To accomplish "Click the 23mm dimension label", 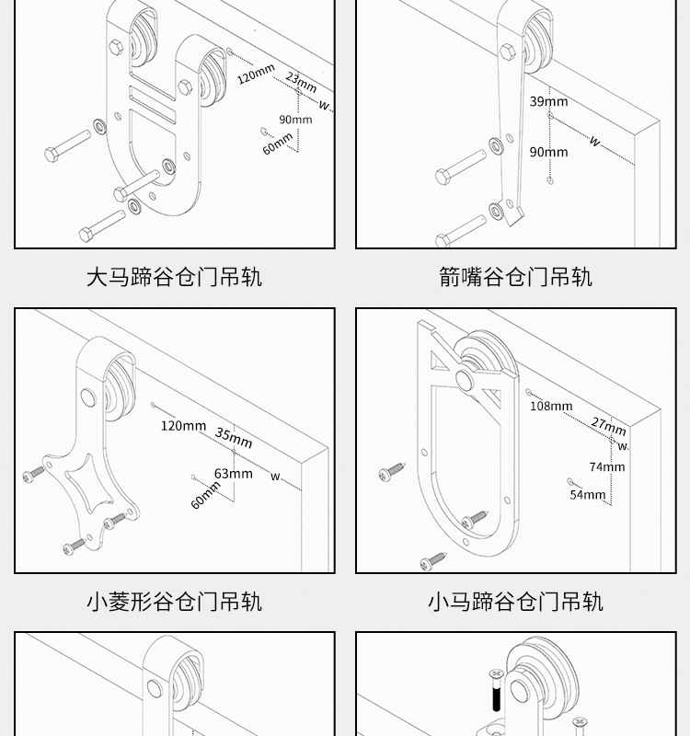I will pos(302,80).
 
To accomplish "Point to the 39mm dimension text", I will pos(548,101).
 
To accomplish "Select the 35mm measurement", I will pos(234,438).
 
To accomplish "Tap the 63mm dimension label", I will pos(233,474).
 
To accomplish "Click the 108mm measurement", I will pos(551,406).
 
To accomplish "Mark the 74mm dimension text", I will pos(606,466).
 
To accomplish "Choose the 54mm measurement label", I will pos(588,494).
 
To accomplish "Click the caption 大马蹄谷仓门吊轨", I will pos(174,277).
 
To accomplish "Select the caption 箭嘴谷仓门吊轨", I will pos(515,277).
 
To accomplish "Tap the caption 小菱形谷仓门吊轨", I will pos(174,602).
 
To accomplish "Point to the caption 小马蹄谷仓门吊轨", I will pos(515,602).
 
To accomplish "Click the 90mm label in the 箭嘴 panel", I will pos(548,152).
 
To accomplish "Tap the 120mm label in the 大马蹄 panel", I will pos(256,75).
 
